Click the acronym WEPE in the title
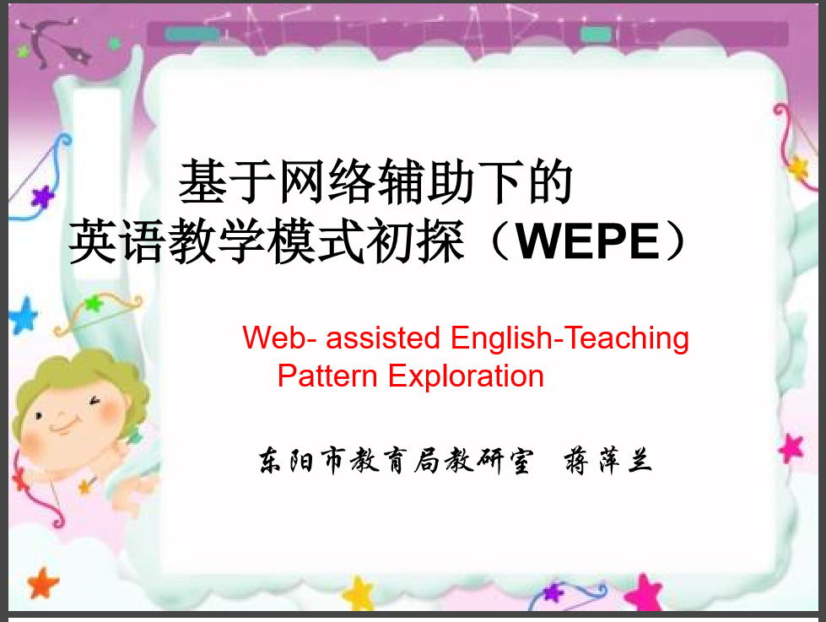point(587,241)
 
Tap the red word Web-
point(279,338)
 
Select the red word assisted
point(383,338)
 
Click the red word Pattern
point(327,376)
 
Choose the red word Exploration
point(467,377)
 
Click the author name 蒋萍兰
point(608,461)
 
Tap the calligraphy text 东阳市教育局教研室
point(397,461)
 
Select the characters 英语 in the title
point(116,241)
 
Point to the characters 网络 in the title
point(328,181)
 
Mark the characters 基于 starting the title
point(228,181)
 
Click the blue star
point(23,315)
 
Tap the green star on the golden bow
point(94,303)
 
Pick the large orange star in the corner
point(42,583)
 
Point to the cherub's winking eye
point(94,402)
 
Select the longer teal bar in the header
point(192,35)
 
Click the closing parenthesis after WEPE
point(676,241)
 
